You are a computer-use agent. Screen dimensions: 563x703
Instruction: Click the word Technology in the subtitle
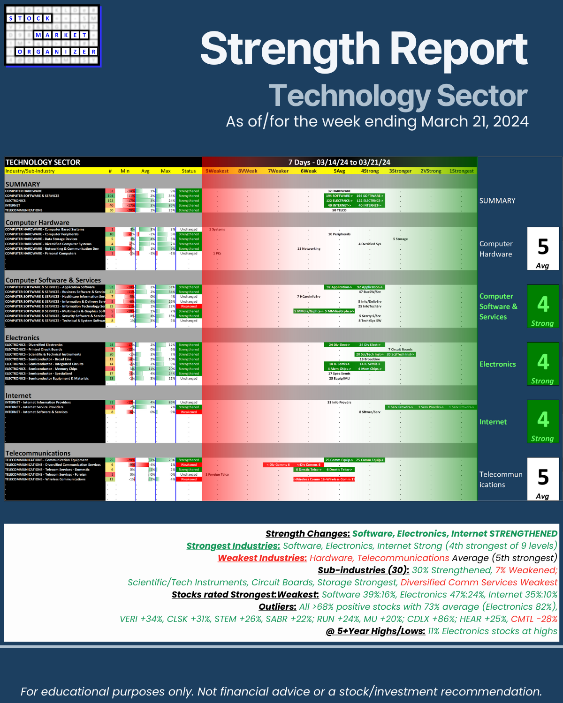point(349,96)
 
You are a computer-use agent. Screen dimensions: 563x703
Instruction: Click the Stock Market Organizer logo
point(53,36)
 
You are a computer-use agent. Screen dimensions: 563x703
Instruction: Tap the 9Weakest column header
point(217,171)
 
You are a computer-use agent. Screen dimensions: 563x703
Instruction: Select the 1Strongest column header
point(461,171)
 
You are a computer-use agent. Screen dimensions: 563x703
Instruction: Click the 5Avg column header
point(339,171)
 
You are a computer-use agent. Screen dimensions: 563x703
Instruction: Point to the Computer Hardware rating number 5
point(543,247)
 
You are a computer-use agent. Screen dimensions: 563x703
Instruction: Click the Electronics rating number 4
point(543,362)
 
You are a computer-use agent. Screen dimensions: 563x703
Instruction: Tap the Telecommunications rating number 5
point(543,478)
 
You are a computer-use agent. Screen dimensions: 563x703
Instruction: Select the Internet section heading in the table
point(18,396)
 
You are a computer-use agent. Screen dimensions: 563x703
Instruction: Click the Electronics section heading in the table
point(23,338)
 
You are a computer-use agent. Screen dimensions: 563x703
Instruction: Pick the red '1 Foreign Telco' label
point(217,474)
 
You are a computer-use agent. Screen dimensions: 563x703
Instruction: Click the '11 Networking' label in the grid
point(309,249)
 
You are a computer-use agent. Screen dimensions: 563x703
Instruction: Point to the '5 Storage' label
point(400,239)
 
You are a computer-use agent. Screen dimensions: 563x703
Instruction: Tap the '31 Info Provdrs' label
point(339,402)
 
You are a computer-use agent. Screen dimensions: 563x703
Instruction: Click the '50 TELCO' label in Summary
point(339,210)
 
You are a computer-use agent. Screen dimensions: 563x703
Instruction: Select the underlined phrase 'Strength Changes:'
point(307,534)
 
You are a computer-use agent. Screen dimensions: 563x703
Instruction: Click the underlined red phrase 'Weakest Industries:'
point(262,558)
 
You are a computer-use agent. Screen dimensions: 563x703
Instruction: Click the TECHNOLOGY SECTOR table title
point(43,162)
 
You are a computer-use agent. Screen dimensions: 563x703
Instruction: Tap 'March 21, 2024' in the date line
point(475,121)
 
